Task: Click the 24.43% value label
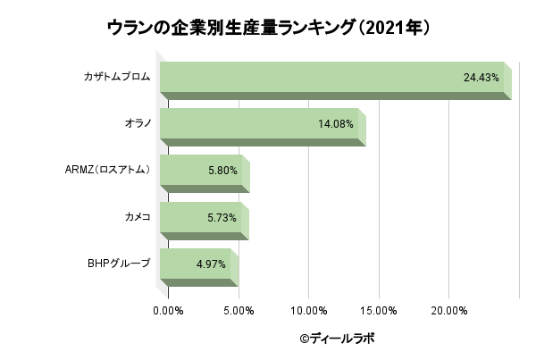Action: tap(481, 78)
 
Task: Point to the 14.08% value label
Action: tap(336, 124)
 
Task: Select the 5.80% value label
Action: tap(222, 171)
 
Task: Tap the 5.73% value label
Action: tap(222, 218)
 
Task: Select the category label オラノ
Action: tap(137, 124)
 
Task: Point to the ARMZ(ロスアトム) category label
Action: tap(107, 171)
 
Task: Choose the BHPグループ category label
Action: tap(119, 264)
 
